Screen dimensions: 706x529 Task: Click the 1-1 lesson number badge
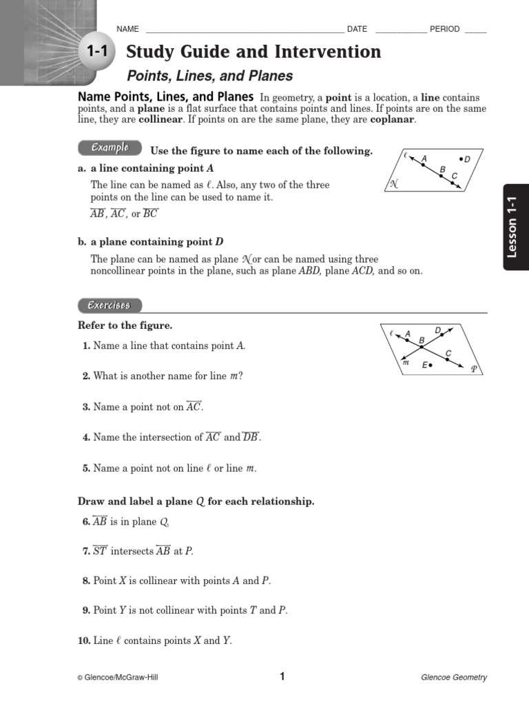(x=98, y=52)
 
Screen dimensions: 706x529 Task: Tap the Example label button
(x=109, y=148)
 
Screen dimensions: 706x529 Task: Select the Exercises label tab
(x=109, y=305)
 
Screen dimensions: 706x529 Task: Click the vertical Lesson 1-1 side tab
(x=515, y=227)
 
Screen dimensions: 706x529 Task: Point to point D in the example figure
(x=459, y=159)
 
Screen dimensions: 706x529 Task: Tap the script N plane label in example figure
(x=394, y=183)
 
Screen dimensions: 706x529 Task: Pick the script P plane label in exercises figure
(x=474, y=369)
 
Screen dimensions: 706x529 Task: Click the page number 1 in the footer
(x=282, y=676)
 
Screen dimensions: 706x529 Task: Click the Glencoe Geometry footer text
(x=453, y=678)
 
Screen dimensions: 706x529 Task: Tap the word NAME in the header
(x=128, y=29)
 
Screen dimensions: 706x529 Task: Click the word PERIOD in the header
(x=444, y=29)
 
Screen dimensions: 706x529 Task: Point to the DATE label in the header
(x=357, y=29)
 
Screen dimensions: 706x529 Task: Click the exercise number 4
(x=86, y=437)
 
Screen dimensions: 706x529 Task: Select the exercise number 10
(x=84, y=641)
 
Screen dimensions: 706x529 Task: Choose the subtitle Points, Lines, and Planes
(x=210, y=76)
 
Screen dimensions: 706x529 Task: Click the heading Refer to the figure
(x=125, y=325)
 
